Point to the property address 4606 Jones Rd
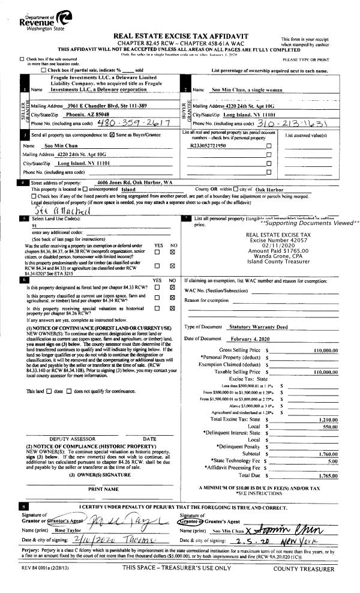tap(134, 182)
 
